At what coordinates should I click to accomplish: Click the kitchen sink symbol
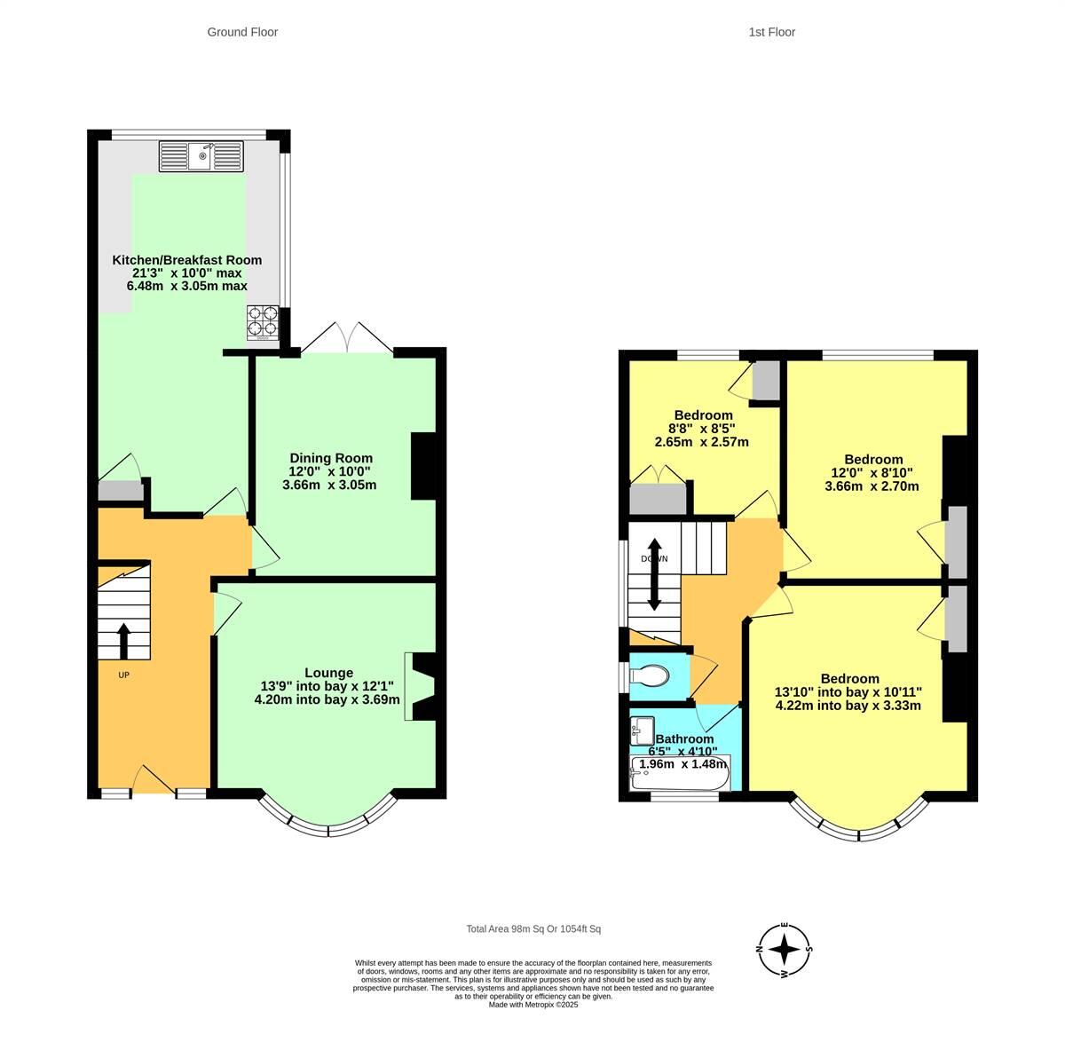tap(201, 156)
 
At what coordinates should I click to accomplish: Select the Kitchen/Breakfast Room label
tap(186, 260)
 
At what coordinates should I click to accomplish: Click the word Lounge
tap(328, 673)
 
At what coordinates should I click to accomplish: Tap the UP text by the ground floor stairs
tap(123, 675)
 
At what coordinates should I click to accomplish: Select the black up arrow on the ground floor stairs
tap(122, 640)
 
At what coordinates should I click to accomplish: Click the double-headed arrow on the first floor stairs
tap(654, 574)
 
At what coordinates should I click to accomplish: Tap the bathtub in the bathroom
tap(679, 773)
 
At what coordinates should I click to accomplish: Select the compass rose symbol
tap(785, 950)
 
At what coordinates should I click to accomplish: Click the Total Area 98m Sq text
tap(533, 929)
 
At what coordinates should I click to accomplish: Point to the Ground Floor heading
tap(242, 32)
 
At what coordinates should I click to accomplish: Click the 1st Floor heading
tap(771, 32)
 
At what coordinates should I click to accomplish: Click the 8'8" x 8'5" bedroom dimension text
tap(703, 429)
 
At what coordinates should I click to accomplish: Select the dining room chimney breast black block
tap(423, 466)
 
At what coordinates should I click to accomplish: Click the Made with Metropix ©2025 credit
tap(533, 1005)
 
